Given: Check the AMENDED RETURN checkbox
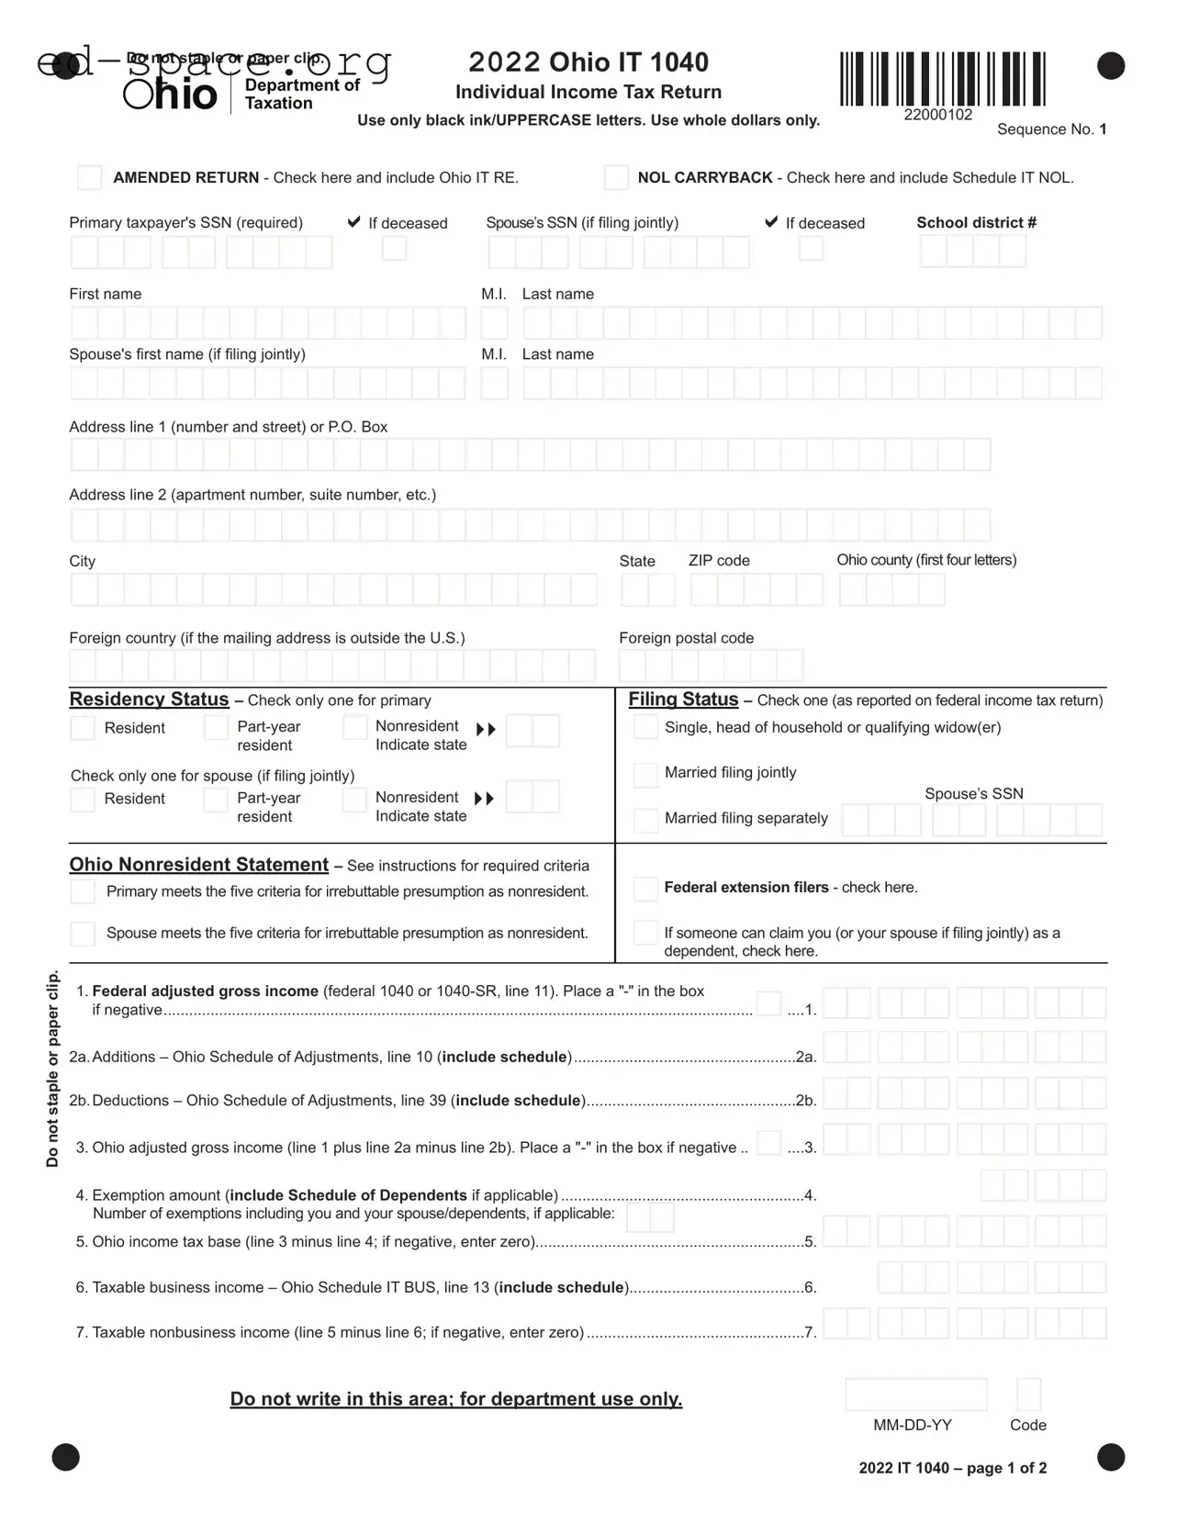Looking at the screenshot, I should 89,177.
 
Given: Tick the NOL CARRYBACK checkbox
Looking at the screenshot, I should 616,177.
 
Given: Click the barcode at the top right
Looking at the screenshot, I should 942,79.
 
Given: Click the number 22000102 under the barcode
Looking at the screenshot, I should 937,115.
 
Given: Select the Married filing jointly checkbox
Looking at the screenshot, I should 645,774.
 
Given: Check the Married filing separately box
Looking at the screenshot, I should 645,820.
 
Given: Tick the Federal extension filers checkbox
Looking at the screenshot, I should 645,888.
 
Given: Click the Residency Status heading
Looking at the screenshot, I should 149,700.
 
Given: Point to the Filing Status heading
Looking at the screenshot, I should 683,700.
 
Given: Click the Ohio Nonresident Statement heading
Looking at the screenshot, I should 198,865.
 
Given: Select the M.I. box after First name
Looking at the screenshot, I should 494,323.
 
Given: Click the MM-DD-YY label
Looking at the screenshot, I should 912,1425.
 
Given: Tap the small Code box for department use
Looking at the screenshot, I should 1028,1394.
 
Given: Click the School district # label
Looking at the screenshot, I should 976,222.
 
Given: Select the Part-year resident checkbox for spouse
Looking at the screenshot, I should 216,800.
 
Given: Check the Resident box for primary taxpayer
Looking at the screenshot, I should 83,728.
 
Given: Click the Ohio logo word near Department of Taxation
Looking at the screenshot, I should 171,95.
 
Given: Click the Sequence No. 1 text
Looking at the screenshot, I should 1051,129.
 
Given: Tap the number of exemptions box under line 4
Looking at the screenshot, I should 650,1218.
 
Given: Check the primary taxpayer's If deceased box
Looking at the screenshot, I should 394,248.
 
